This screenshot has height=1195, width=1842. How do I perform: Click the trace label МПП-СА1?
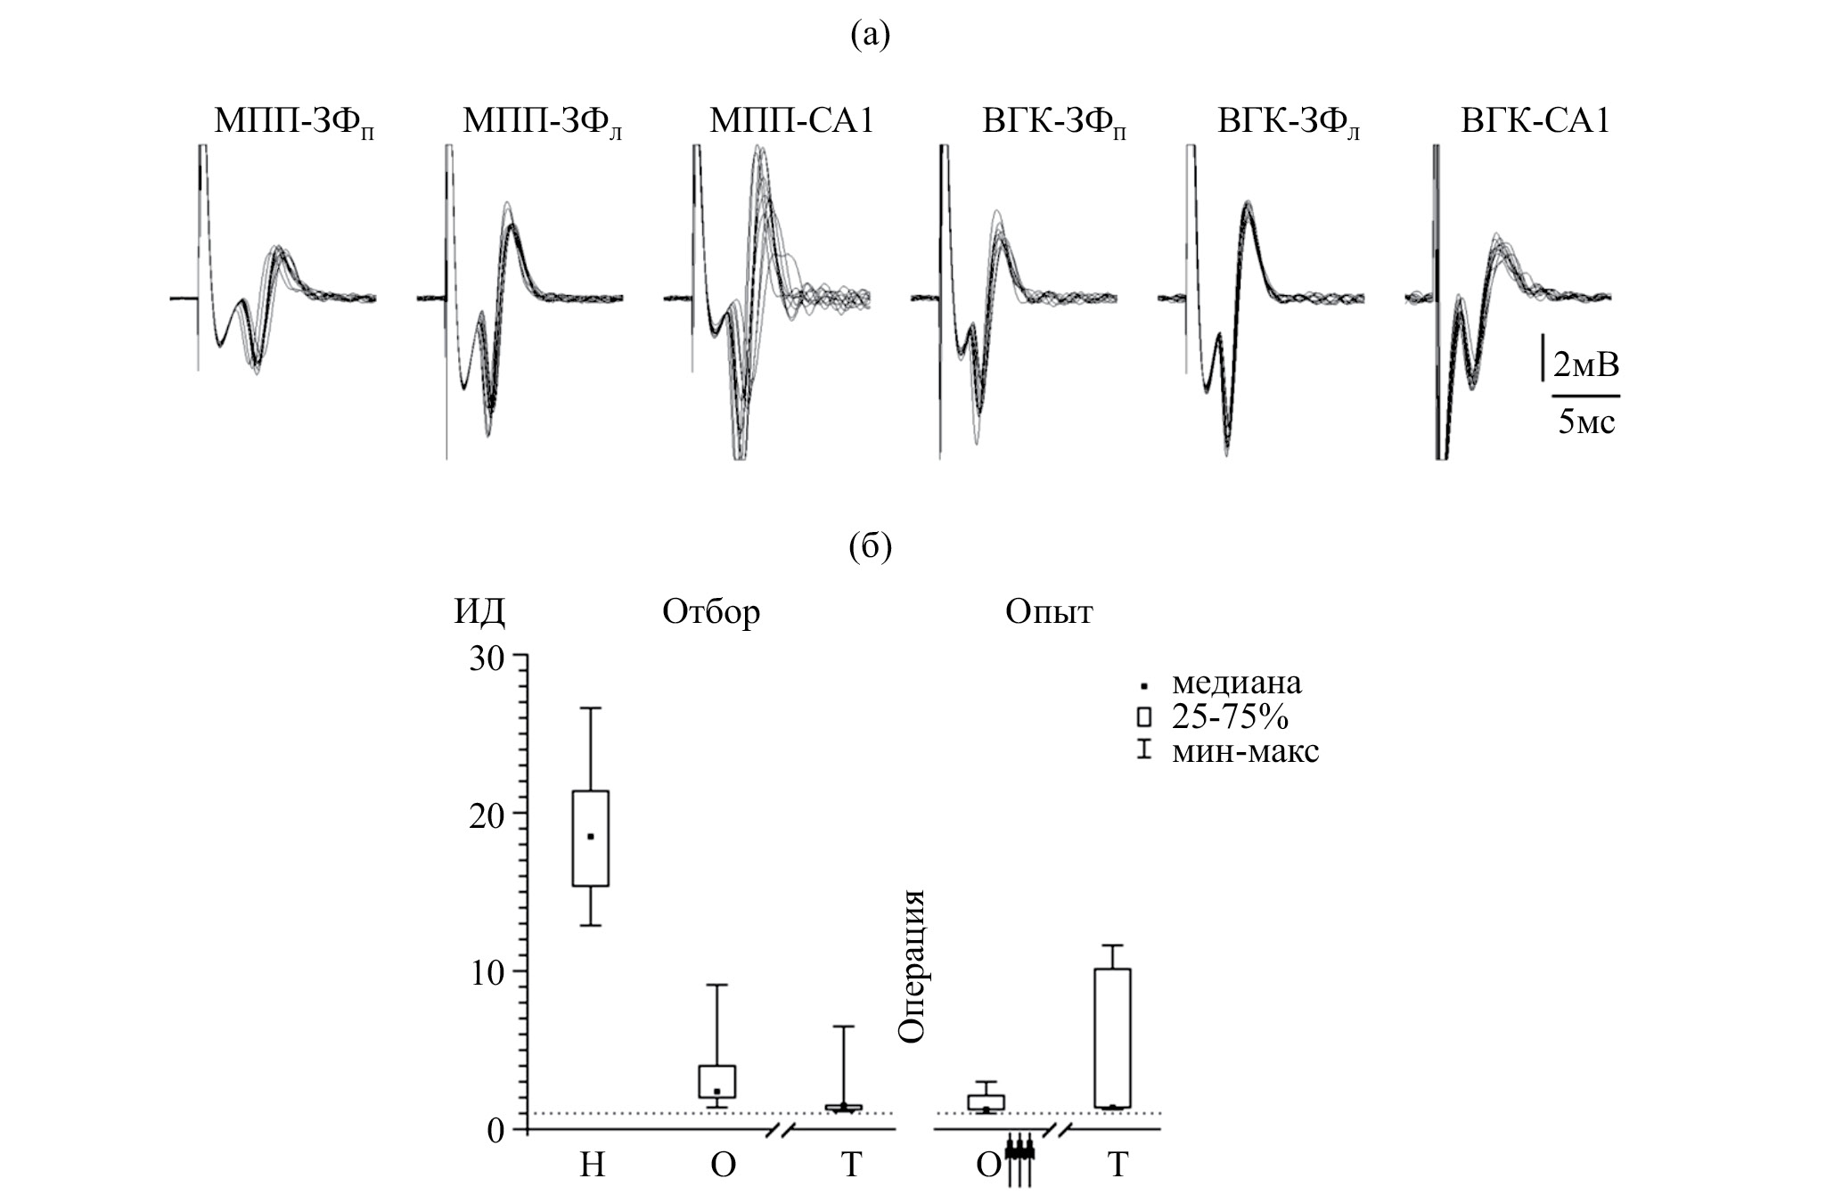point(790,120)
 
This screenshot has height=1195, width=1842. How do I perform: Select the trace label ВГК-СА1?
point(1535,120)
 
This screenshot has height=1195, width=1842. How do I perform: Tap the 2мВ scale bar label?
point(1586,364)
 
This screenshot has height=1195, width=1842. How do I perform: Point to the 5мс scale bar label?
point(1586,421)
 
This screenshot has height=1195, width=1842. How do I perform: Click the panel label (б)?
point(871,546)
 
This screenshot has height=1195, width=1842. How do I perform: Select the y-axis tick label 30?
point(485,658)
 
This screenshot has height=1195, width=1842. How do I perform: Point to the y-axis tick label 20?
point(485,814)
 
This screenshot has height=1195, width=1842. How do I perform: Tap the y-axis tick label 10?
point(485,971)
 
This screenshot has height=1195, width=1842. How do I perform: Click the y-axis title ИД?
point(479,612)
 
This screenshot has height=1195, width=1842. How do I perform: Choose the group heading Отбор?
point(711,612)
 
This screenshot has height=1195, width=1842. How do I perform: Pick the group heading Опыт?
point(1049,612)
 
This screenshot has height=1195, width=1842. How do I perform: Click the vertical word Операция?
point(913,966)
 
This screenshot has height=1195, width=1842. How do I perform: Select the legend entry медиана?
point(1236,683)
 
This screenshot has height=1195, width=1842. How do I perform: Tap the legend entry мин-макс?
point(1245,751)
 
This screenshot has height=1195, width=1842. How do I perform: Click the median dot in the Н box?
point(591,837)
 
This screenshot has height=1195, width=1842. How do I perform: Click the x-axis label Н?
point(592,1164)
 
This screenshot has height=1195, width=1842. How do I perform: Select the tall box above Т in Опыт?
point(1112,1038)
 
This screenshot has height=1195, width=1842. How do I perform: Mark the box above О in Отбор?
point(717,1081)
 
